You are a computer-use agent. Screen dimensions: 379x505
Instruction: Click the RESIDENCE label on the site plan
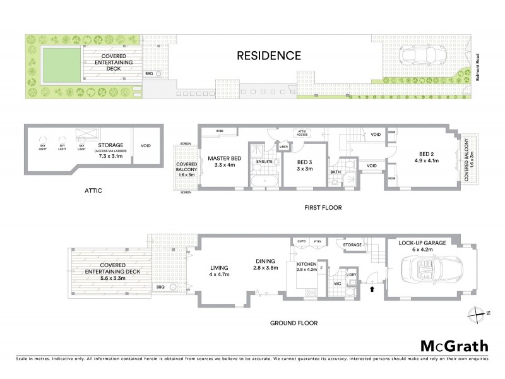[268, 56]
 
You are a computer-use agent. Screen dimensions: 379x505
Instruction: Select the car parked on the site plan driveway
[420, 59]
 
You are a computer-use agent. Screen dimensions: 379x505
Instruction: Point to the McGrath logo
[454, 346]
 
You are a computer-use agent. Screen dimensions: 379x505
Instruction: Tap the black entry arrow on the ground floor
[372, 289]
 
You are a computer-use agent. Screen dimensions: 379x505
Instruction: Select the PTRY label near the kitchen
[318, 241]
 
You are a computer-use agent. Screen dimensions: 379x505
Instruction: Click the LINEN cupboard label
[283, 147]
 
